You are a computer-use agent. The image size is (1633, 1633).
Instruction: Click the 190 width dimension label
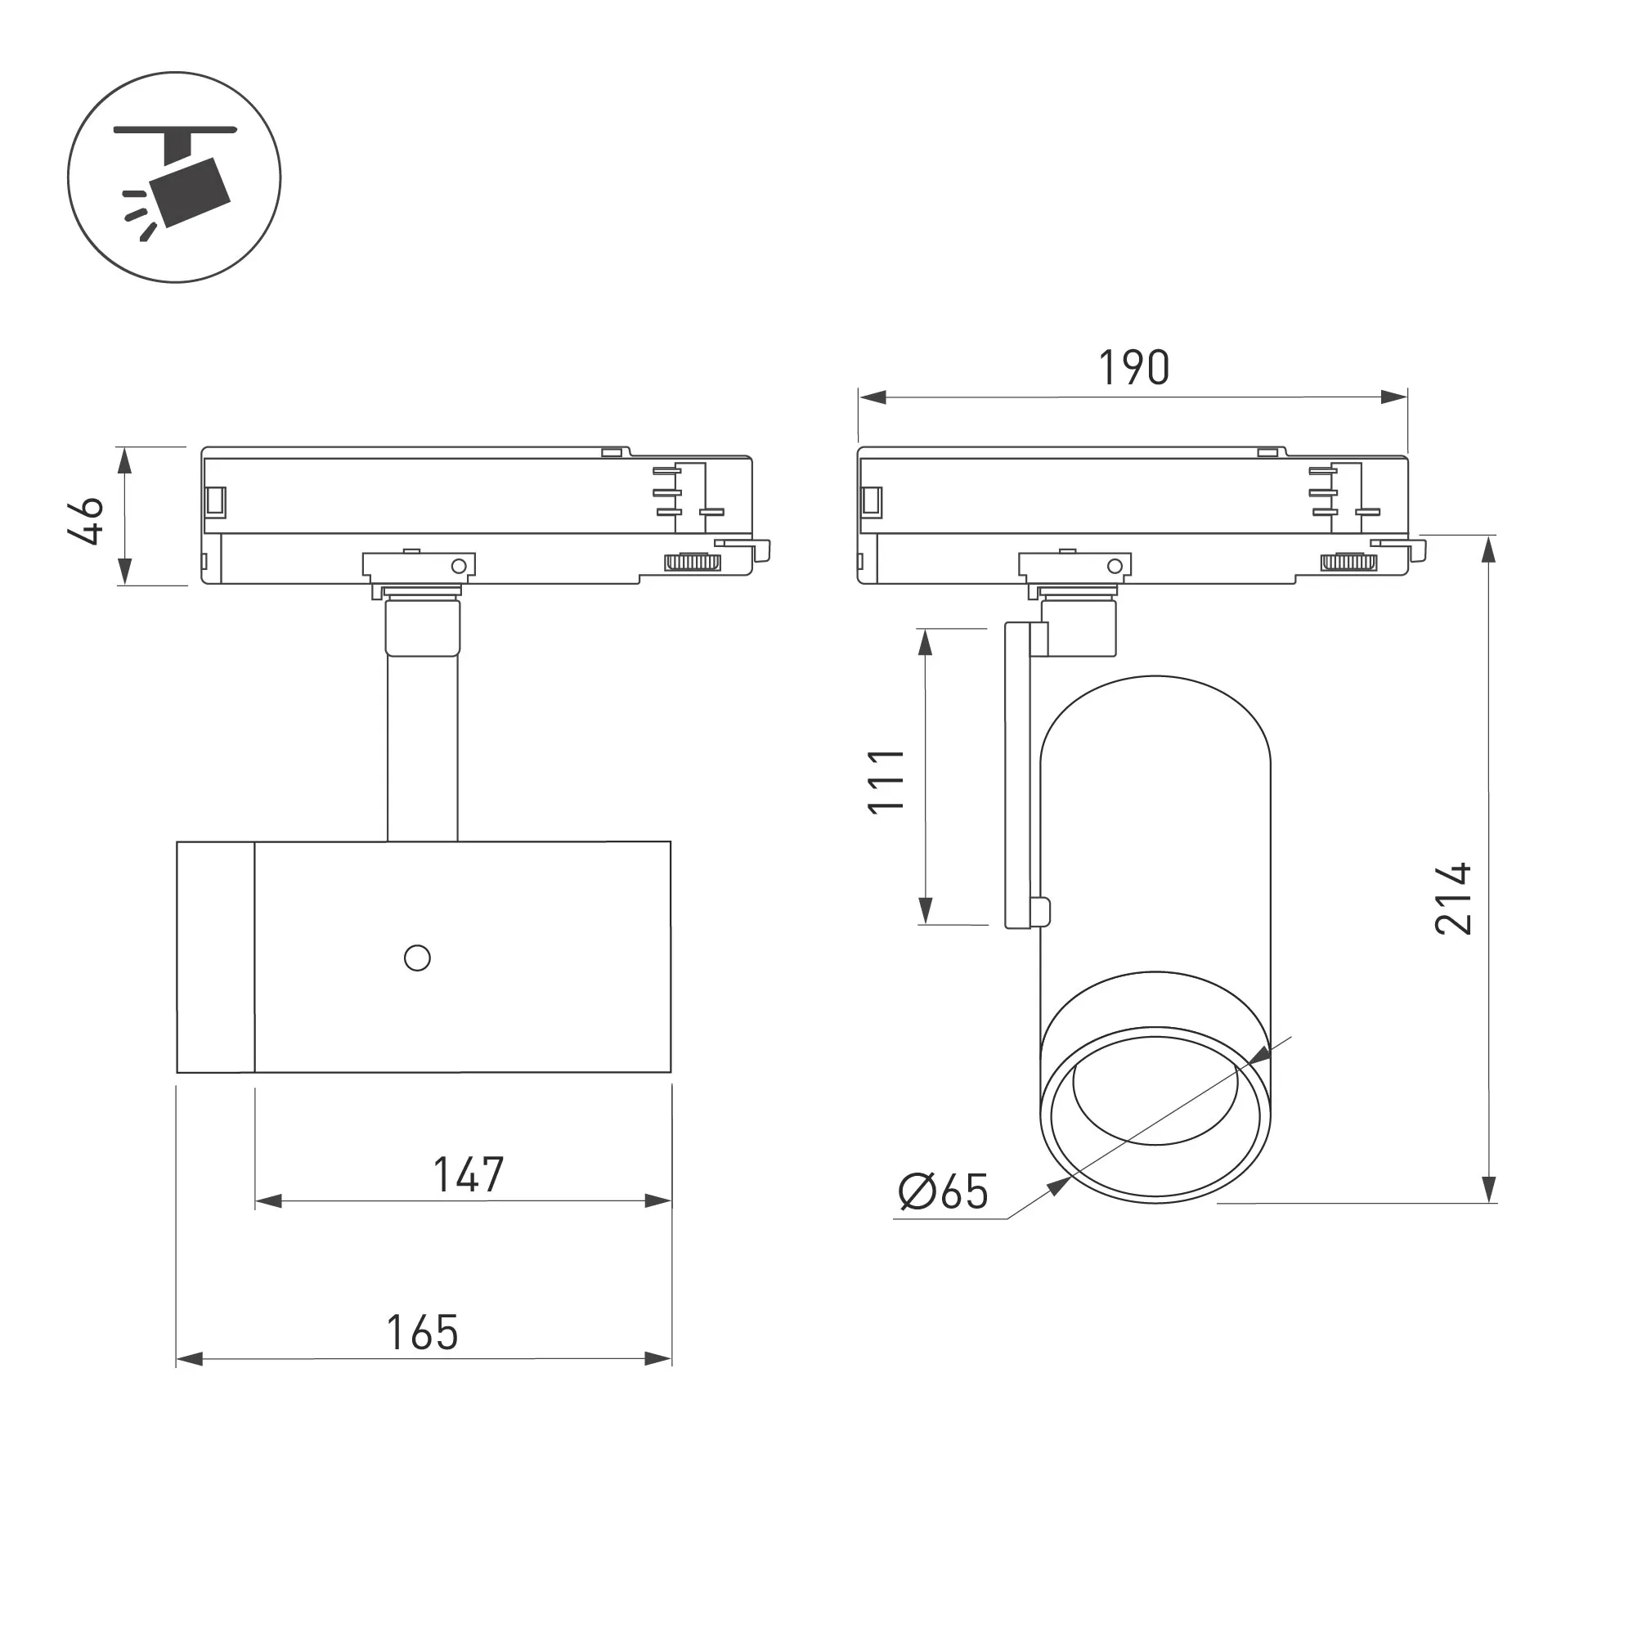1133,368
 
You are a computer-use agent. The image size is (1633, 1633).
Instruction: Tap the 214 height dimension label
1453,899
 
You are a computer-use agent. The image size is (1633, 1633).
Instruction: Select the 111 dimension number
886,781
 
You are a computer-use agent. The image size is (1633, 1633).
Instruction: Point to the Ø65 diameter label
943,1191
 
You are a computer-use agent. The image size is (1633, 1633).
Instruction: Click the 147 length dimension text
469,1175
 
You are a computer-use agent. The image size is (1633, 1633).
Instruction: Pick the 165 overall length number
422,1333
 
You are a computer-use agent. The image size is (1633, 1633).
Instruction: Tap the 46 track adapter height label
85,521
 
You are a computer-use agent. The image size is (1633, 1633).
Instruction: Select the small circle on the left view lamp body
418,958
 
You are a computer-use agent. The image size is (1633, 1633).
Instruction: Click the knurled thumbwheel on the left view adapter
693,562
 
